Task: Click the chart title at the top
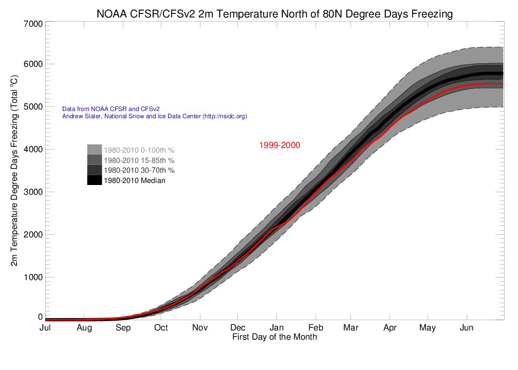pos(274,14)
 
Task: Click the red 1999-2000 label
pos(279,145)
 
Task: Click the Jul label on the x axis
pos(46,328)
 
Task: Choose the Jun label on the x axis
pos(467,328)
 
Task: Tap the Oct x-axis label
pos(161,328)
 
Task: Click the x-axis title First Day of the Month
pos(274,337)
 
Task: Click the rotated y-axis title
pos(15,171)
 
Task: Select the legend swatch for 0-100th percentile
pos(95,150)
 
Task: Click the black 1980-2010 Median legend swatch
pos(95,180)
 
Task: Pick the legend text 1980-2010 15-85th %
pos(139,160)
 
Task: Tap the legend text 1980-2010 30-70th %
pos(139,170)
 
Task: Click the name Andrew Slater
pos(81,117)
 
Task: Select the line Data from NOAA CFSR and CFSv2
pos(110,109)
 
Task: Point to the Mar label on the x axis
pos(351,328)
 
